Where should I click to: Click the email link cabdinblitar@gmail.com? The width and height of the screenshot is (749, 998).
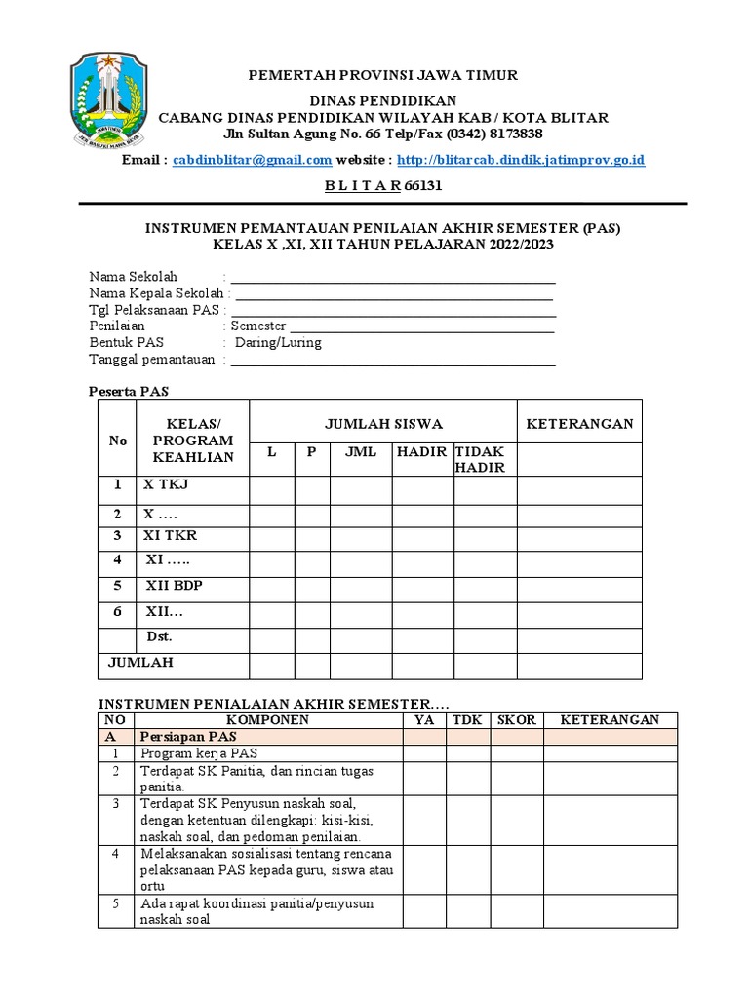252,160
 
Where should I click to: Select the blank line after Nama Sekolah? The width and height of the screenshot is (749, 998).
392,277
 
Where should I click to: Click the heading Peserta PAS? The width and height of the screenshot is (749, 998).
130,391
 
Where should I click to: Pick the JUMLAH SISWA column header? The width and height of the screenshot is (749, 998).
383,423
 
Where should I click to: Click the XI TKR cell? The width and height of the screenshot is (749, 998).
171,535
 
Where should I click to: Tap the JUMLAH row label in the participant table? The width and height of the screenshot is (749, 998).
139,662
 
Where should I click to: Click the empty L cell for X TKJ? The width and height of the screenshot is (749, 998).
272,489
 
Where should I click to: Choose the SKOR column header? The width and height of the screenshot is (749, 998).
516,720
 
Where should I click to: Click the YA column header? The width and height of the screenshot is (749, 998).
424,720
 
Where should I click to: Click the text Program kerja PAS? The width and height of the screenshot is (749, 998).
199,753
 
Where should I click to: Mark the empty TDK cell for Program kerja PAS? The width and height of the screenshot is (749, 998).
467,753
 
